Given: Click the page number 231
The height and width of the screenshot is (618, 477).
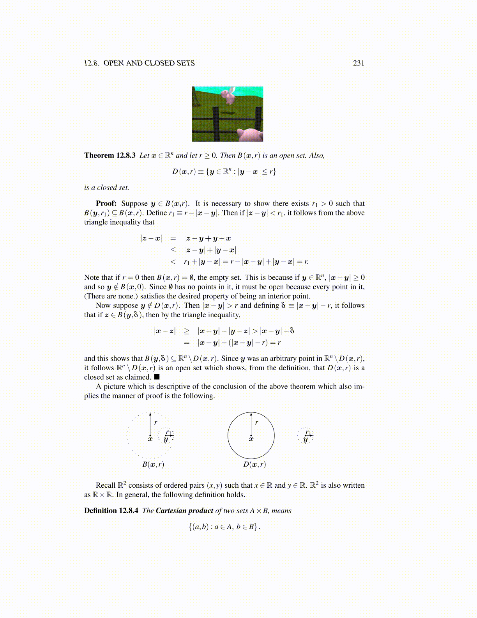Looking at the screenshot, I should (x=358, y=63).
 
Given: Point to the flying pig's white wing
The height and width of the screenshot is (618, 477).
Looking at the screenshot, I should (x=232, y=91).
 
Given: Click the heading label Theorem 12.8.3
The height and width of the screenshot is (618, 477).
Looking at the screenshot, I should (x=110, y=156).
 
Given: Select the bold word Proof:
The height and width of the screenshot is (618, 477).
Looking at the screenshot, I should (x=106, y=204).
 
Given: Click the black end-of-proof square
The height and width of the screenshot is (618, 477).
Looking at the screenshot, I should (x=157, y=377).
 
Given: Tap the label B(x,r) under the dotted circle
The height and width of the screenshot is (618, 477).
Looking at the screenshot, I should (x=153, y=464).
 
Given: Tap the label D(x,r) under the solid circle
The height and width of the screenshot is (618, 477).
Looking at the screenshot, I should (x=254, y=464).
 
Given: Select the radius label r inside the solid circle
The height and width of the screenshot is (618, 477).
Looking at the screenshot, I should (x=256, y=423).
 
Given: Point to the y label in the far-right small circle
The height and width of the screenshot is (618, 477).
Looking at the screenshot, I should (x=306, y=439).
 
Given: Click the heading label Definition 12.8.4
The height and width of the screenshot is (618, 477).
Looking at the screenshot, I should (x=111, y=511).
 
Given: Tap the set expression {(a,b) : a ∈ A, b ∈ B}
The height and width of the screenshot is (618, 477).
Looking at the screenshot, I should (x=224, y=527).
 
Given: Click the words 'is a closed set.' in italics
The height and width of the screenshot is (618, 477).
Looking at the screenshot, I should (x=106, y=188).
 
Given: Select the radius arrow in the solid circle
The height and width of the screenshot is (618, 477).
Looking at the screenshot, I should (x=251, y=424).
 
